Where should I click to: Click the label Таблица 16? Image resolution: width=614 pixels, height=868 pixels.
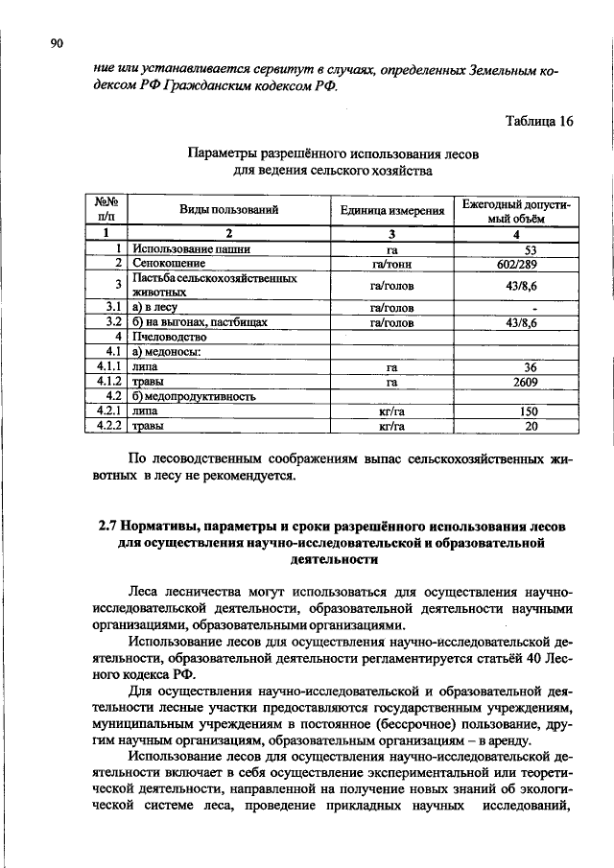[x=538, y=121]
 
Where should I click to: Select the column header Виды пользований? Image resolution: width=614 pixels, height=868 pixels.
[x=228, y=209]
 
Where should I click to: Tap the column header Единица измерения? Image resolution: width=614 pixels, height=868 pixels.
[x=391, y=209]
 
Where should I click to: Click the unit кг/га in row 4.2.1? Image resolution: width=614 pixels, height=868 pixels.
[x=391, y=411]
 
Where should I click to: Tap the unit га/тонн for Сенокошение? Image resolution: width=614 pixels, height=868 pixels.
[x=391, y=263]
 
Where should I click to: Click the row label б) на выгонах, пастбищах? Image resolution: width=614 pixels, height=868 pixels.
[x=200, y=323]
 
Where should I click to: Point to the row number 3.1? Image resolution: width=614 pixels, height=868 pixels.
[x=113, y=308]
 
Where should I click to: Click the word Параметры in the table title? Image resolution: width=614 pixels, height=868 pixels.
[x=222, y=154]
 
